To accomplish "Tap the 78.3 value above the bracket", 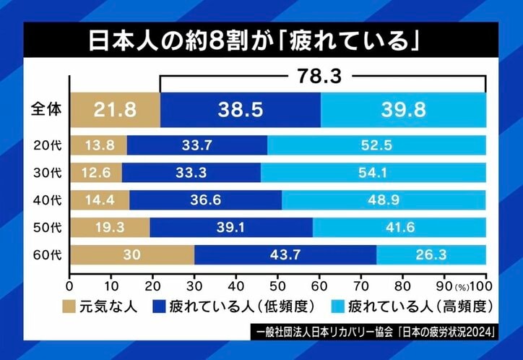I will [x=322, y=75].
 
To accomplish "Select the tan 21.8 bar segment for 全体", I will [x=115, y=110].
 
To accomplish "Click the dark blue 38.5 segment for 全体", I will [x=241, y=110].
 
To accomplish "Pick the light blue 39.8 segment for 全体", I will [x=403, y=110].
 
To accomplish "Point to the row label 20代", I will [x=48, y=145].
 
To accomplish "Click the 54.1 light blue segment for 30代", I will [x=373, y=173].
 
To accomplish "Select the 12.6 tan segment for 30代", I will [x=95, y=173].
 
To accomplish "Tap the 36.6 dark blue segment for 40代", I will [x=206, y=200].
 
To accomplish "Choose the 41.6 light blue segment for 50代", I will [x=399, y=228].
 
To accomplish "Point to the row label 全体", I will [x=48, y=110].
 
